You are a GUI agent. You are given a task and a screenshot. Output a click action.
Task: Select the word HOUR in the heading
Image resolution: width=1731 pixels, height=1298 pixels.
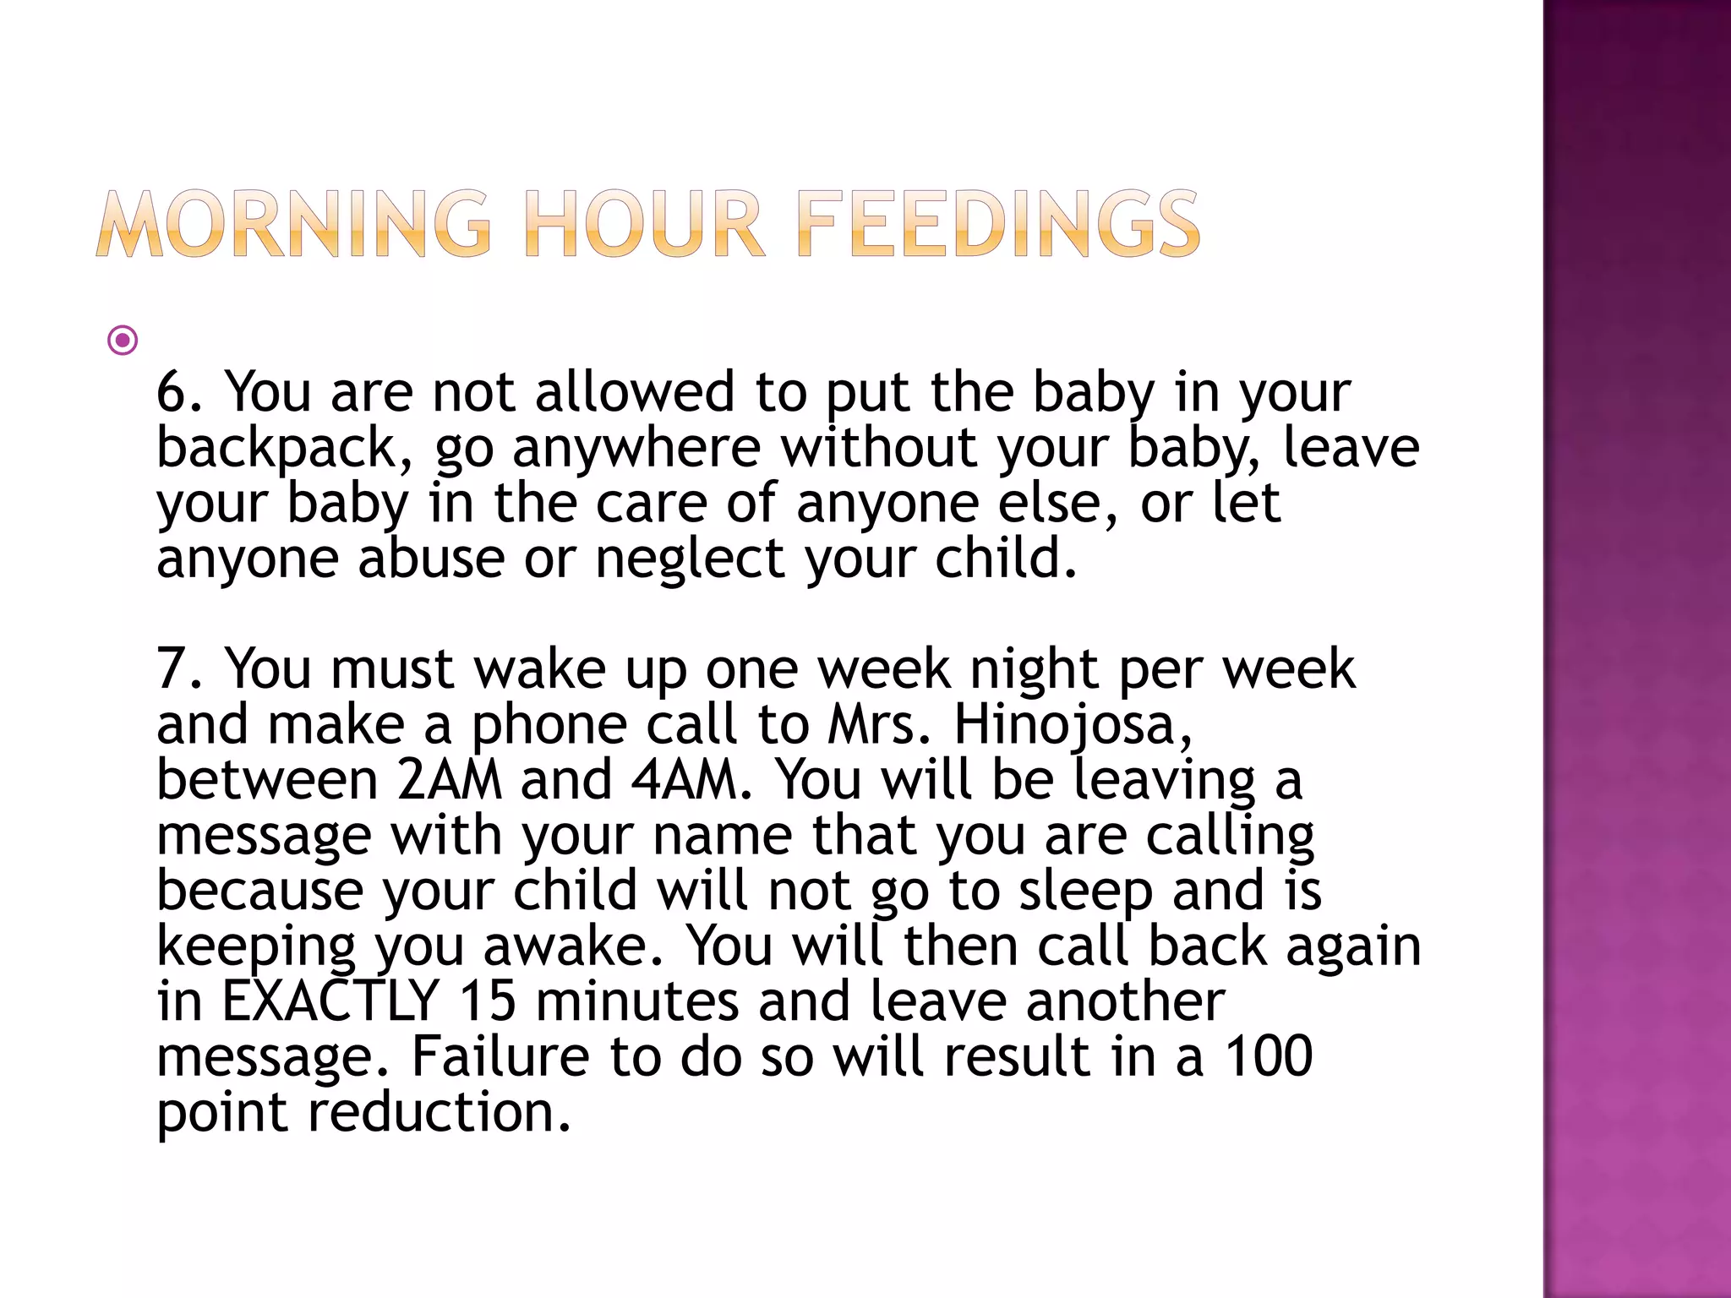pos(644,224)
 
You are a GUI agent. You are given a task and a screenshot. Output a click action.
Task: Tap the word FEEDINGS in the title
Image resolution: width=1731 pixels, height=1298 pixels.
pos(997,224)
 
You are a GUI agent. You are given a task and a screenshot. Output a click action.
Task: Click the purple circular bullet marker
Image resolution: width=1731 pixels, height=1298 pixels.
pos(123,341)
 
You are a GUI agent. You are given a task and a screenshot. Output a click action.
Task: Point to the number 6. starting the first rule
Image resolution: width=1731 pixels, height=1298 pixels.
pos(180,392)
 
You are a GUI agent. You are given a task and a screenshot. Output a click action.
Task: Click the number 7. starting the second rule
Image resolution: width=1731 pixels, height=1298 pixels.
pos(180,669)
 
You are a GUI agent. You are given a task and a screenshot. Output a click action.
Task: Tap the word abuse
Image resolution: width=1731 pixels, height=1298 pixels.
pos(431,559)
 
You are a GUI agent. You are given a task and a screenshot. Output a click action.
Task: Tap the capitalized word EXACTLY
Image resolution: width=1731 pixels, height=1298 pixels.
pos(330,1001)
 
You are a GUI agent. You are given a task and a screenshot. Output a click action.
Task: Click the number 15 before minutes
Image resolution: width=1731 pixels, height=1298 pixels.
pos(488,1001)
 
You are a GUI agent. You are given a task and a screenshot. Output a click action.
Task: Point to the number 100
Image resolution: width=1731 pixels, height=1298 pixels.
pos(1269,1056)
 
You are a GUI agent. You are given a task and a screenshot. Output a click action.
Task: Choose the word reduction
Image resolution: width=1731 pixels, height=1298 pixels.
pos(440,1112)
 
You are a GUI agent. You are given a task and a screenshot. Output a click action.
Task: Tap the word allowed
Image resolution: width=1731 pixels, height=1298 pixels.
pos(635,392)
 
